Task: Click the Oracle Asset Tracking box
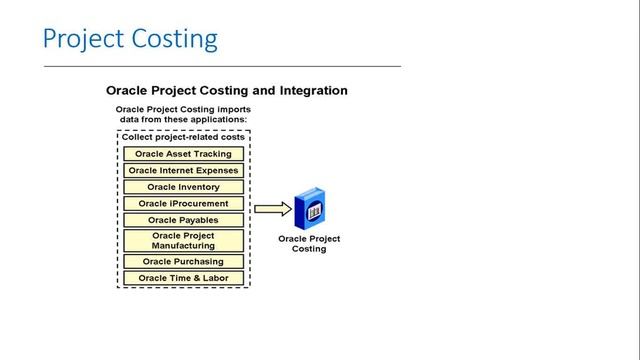(183, 154)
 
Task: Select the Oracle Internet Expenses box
(183, 170)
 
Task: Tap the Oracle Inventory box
(183, 187)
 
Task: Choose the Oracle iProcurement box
(183, 203)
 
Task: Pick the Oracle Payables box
(183, 220)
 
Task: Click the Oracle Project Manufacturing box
(183, 241)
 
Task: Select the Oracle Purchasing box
(183, 261)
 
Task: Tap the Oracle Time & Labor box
(183, 277)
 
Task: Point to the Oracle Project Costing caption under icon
(308, 244)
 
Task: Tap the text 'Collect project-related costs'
(183, 137)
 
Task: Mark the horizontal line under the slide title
(221, 65)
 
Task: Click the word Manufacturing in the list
(183, 246)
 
